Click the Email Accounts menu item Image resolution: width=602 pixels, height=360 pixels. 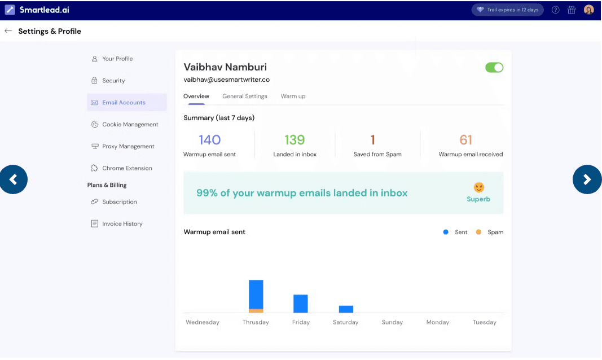click(x=124, y=103)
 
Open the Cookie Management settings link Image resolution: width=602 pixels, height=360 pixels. click(x=130, y=125)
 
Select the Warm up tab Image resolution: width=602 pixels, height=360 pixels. click(x=293, y=96)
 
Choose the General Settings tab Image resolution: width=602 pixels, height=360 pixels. click(x=245, y=96)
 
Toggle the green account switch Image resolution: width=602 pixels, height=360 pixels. click(x=494, y=68)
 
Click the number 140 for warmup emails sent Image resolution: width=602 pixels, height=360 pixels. click(x=209, y=140)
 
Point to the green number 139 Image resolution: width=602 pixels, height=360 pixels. click(x=295, y=140)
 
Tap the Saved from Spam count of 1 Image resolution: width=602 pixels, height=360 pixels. click(x=372, y=140)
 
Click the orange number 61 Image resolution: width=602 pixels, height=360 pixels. click(x=466, y=140)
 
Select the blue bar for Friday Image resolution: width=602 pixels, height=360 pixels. click(x=301, y=304)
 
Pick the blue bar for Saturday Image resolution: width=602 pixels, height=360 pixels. click(x=346, y=309)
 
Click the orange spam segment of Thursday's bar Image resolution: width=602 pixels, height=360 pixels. click(x=256, y=311)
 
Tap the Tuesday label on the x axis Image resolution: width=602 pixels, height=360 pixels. click(x=485, y=323)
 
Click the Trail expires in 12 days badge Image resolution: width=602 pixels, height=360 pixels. click(x=508, y=10)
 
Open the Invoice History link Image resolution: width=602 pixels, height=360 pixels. click(x=122, y=224)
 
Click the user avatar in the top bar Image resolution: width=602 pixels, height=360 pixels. click(x=589, y=10)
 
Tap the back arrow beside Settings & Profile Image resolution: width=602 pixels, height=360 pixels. click(x=8, y=31)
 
